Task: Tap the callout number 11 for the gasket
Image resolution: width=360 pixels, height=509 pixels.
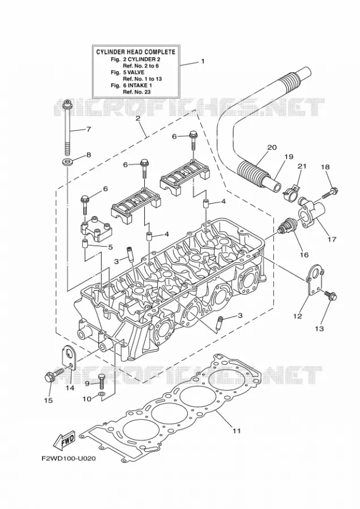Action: click(x=237, y=431)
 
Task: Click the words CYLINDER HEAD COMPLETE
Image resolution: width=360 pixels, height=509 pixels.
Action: click(x=135, y=52)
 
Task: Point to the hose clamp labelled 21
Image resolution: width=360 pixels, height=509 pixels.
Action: click(x=292, y=192)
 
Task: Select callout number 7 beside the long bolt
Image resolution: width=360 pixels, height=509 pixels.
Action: click(x=88, y=129)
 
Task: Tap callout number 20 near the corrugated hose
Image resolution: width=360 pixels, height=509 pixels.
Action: click(x=272, y=148)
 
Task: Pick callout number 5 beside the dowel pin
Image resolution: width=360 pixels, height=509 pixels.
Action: click(x=110, y=247)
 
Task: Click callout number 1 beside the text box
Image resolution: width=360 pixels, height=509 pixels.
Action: click(x=203, y=61)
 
